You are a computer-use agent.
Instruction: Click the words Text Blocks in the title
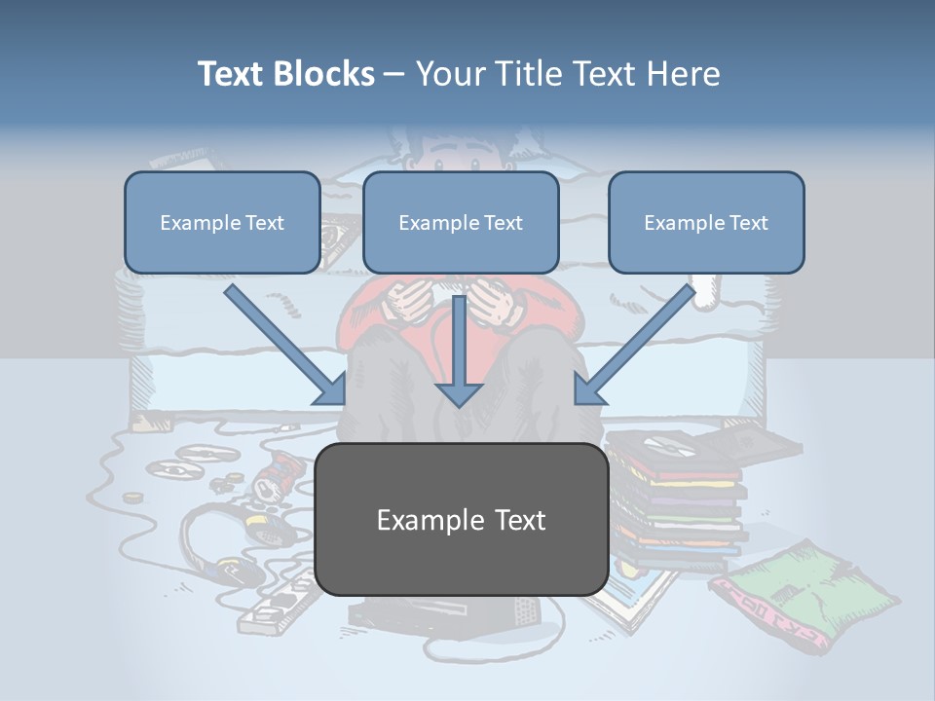285,74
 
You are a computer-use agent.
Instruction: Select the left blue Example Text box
222,222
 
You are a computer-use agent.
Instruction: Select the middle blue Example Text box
461,222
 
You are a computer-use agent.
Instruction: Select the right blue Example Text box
706,222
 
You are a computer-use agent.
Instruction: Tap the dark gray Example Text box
462,520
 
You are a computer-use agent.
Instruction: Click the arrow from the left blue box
286,346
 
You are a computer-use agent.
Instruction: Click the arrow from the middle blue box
460,355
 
